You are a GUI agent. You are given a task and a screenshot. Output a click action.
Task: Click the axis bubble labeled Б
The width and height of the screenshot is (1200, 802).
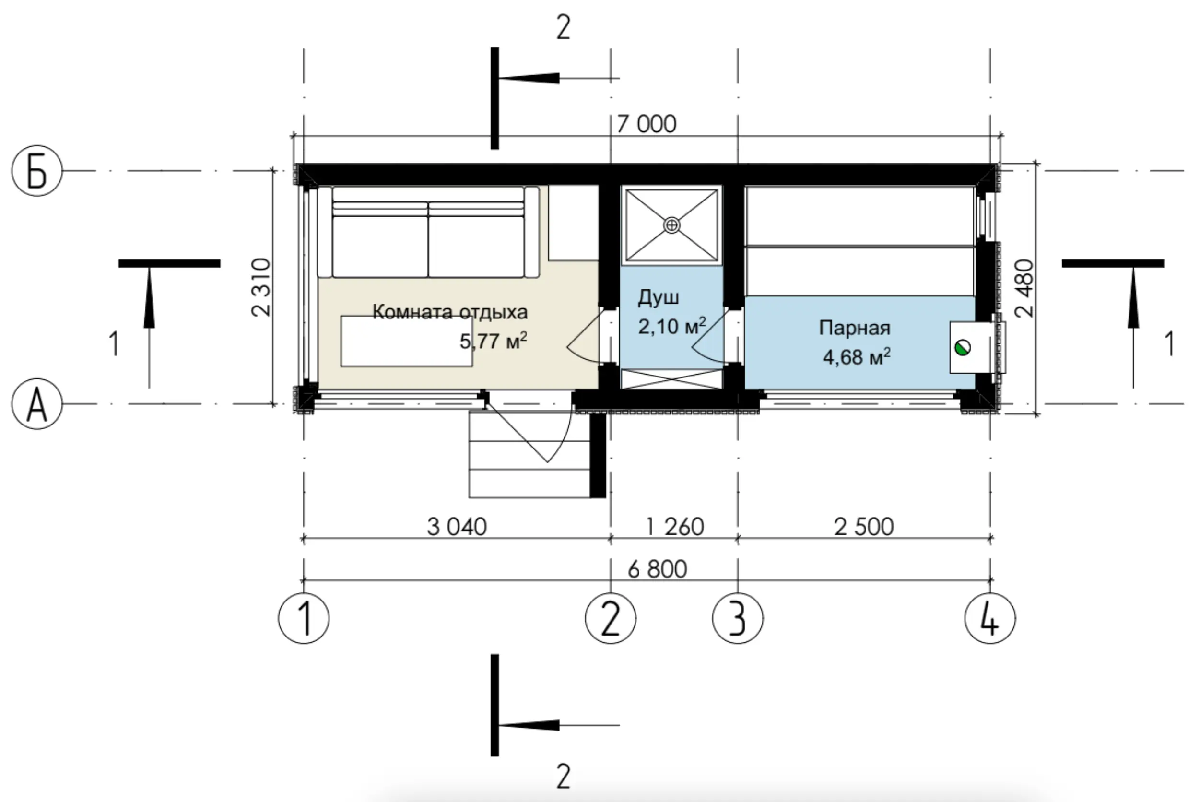pyautogui.click(x=37, y=171)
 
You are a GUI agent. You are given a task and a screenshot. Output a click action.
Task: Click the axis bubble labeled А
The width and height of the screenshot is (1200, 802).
pyautogui.click(x=37, y=403)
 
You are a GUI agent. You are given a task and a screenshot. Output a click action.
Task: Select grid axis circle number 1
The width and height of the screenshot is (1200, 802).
pyautogui.click(x=304, y=618)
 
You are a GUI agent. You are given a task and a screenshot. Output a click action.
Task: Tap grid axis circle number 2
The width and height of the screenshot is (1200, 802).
pyautogui.click(x=611, y=618)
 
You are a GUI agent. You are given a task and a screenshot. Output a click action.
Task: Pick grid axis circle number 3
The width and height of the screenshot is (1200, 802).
pyautogui.click(x=737, y=618)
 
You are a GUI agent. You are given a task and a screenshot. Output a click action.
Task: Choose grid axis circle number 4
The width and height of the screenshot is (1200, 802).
pyautogui.click(x=990, y=618)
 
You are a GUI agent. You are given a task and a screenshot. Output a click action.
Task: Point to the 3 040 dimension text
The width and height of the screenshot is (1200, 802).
pyautogui.click(x=457, y=527)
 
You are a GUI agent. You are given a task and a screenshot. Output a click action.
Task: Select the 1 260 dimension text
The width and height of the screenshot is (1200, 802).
pyautogui.click(x=675, y=527)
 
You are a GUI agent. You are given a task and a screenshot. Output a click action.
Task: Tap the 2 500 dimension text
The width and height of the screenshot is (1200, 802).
pyautogui.click(x=864, y=527)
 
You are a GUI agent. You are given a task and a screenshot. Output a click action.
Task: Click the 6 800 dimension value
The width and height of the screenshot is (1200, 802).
pyautogui.click(x=657, y=569)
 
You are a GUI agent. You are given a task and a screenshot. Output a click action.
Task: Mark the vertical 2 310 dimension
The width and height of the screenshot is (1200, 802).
pyautogui.click(x=261, y=287)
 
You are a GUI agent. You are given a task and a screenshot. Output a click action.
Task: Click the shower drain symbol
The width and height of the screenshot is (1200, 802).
pyautogui.click(x=671, y=225)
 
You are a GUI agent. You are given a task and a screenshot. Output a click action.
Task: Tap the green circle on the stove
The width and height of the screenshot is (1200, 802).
pyautogui.click(x=963, y=348)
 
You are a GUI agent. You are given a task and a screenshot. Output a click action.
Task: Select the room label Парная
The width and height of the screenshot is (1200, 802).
pyautogui.click(x=854, y=328)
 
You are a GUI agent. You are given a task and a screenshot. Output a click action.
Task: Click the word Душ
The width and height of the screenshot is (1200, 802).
pyautogui.click(x=659, y=298)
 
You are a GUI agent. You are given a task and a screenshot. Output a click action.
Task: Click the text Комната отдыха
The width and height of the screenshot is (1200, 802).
pyautogui.click(x=450, y=312)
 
